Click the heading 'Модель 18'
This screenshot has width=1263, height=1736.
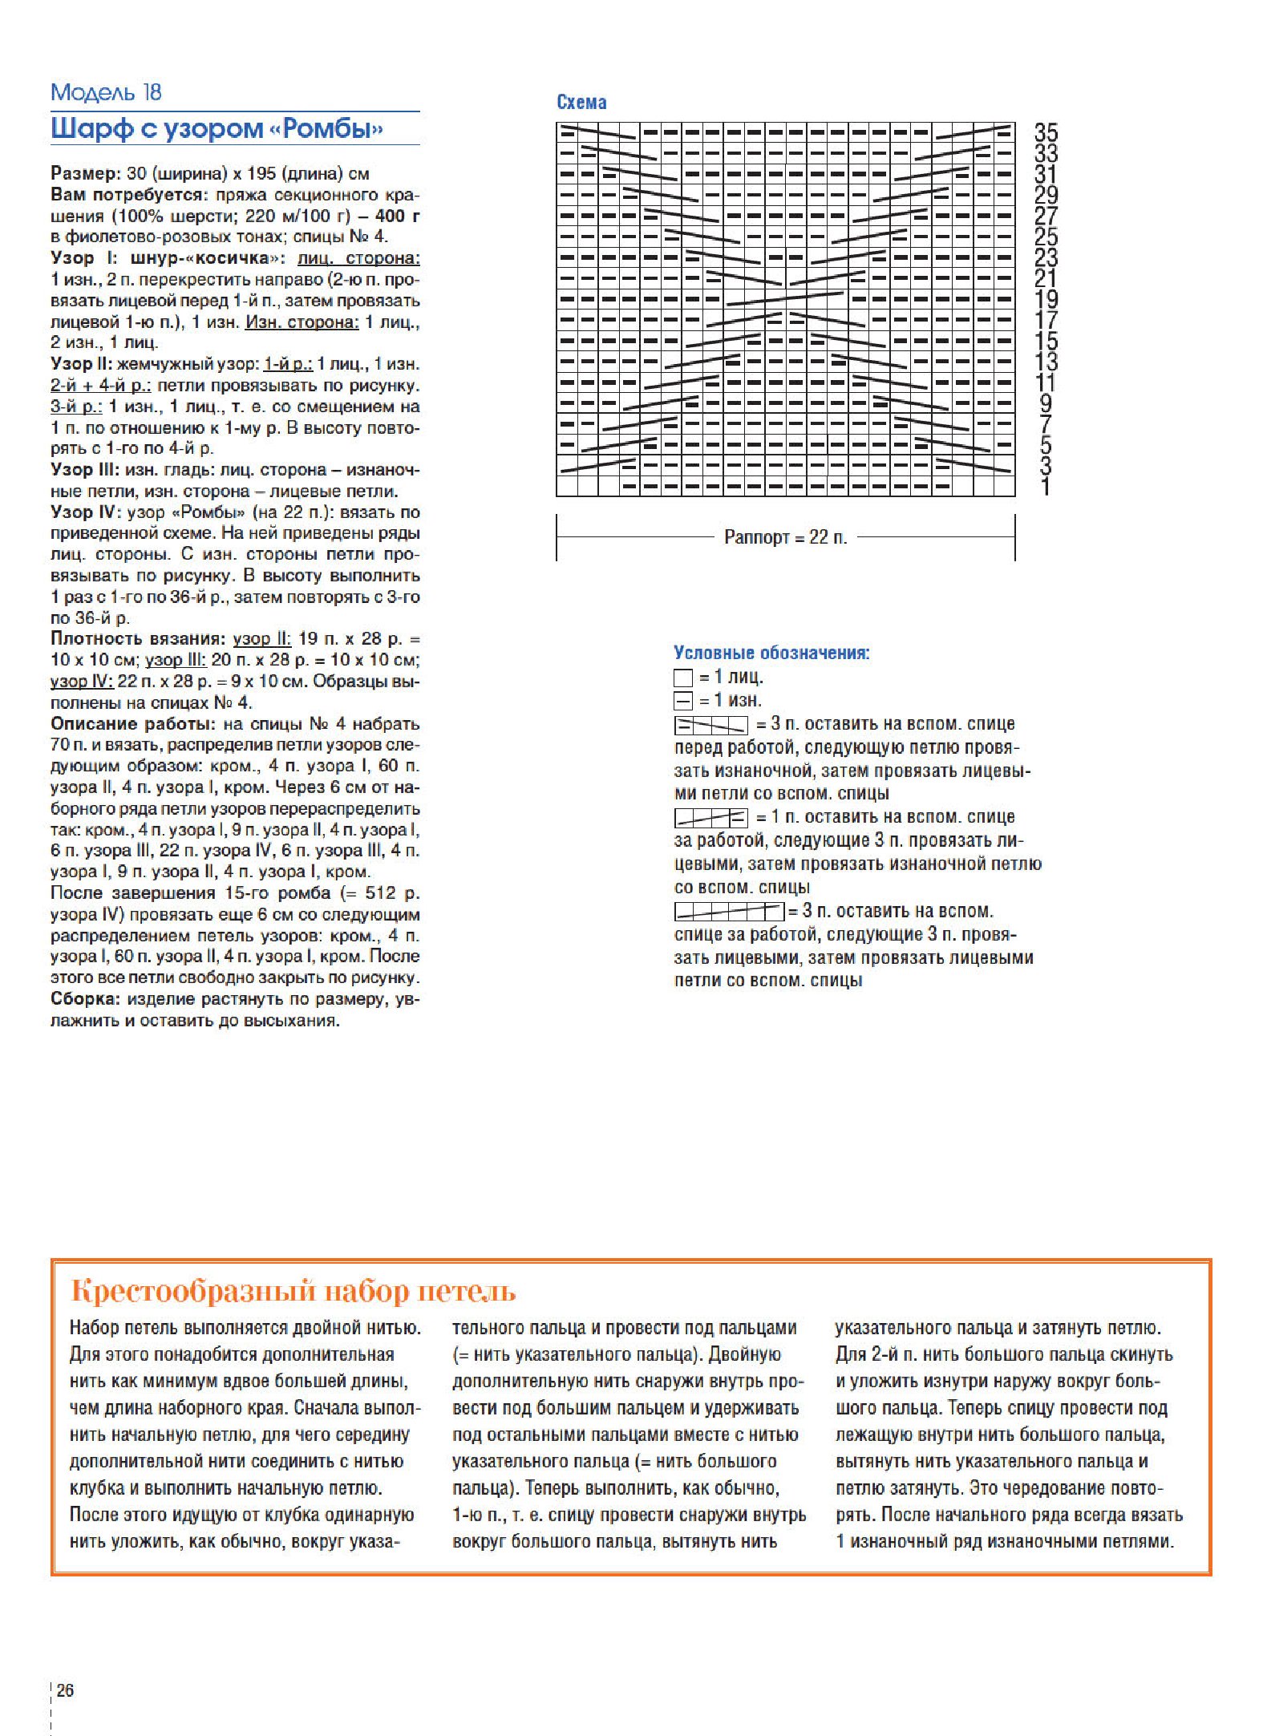tap(106, 93)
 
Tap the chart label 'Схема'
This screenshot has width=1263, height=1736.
tap(581, 103)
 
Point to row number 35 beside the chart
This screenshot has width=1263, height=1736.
tap(1046, 132)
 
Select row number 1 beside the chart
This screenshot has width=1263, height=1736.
tap(1045, 487)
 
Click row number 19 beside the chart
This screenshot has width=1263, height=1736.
tap(1046, 299)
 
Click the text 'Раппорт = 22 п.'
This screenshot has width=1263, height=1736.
tap(785, 537)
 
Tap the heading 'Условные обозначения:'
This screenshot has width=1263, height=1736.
tap(771, 653)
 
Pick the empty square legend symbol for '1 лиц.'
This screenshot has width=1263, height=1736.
tap(683, 678)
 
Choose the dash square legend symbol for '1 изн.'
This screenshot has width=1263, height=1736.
tap(683, 702)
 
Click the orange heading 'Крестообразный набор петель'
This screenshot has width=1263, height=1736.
tap(293, 1292)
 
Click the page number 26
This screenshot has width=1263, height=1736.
tap(65, 1689)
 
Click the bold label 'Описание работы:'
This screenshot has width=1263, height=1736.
tap(133, 724)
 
